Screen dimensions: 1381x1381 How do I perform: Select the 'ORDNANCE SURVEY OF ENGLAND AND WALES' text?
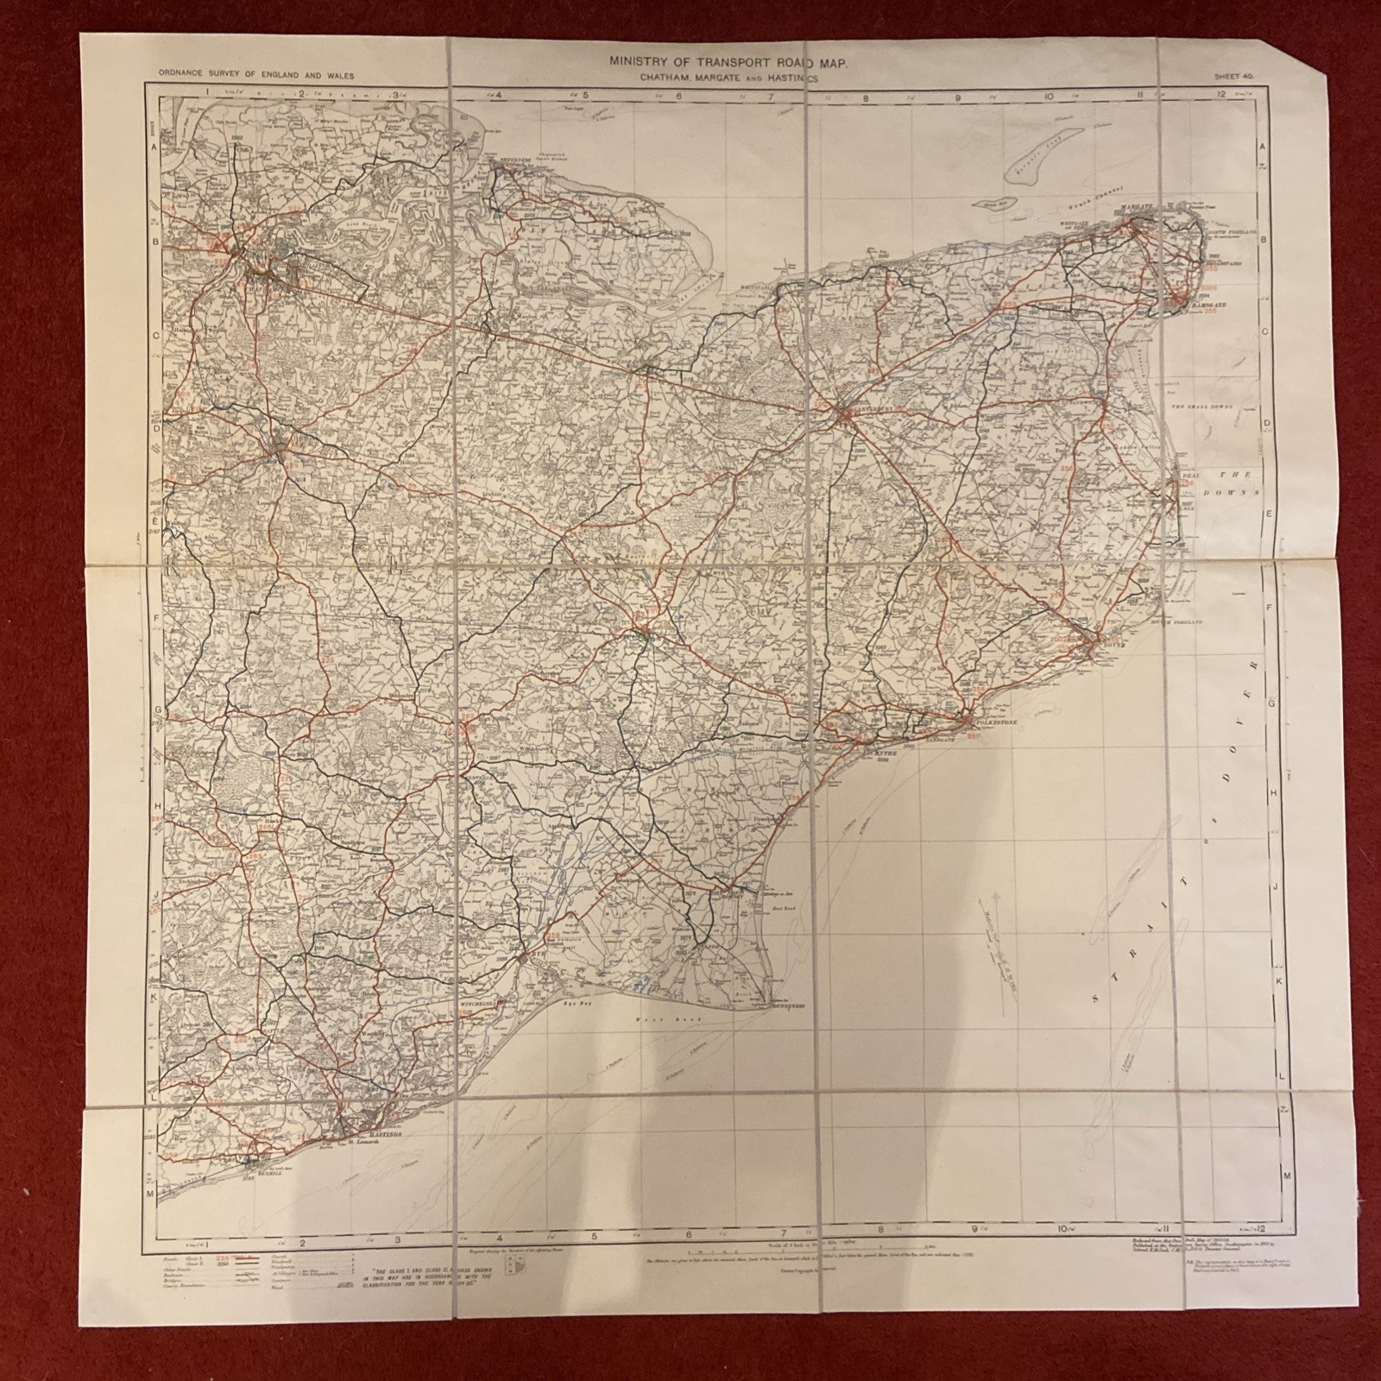pyautogui.click(x=256, y=76)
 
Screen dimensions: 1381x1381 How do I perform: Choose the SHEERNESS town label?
pyautogui.click(x=512, y=170)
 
